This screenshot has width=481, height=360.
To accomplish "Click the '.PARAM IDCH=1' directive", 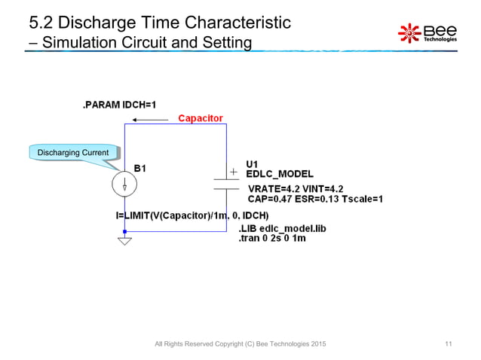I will pyautogui.click(x=126, y=105).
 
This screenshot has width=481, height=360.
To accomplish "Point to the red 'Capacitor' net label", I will pyautogui.click(x=200, y=118).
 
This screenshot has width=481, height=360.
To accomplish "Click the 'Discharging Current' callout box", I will pyautogui.click(x=72, y=154).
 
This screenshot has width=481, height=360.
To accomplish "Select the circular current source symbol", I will pyautogui.click(x=124, y=183).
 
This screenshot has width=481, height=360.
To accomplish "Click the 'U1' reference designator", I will pyautogui.click(x=253, y=163).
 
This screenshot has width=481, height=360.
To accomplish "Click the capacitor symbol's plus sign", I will pyautogui.click(x=233, y=172).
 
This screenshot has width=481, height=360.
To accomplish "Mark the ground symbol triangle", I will pyautogui.click(x=124, y=242).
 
